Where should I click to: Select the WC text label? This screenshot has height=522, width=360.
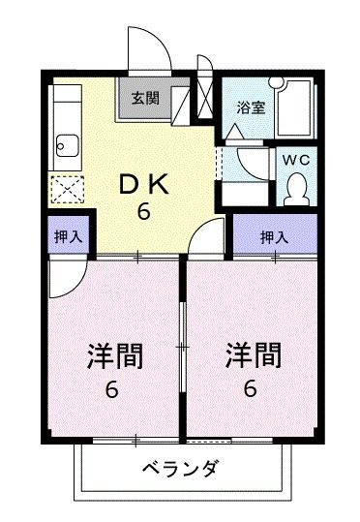tap(295, 158)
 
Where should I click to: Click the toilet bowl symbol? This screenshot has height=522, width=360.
tap(295, 187)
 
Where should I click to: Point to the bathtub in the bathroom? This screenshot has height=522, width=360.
tap(295, 108)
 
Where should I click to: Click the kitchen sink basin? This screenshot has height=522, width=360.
tap(67, 148)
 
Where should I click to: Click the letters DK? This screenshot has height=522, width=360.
tap(141, 181)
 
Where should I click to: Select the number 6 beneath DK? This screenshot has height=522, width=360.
tap(142, 212)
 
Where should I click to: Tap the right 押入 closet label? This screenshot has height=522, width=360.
tap(274, 235)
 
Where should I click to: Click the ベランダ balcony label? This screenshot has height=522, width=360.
tap(180, 470)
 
